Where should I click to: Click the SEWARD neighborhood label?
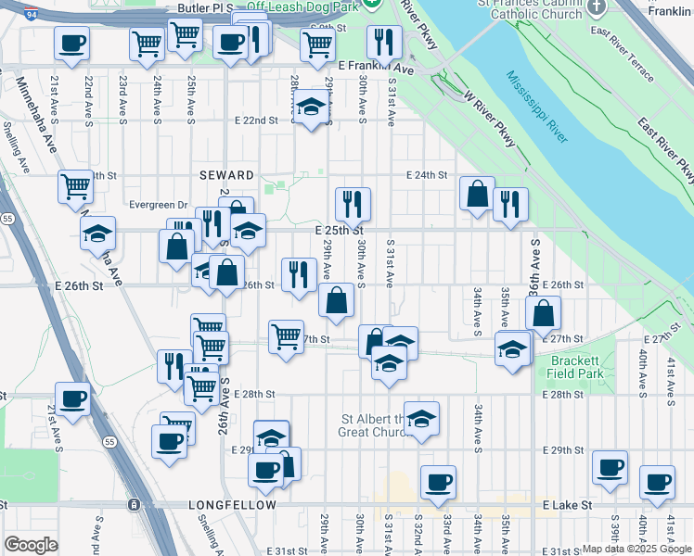coord(226,175)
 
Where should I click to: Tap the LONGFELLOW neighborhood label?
coord(232,505)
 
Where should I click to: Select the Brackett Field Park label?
coord(576,367)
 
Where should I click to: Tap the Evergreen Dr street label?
coord(160,206)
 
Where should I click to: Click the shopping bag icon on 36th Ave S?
coord(544,313)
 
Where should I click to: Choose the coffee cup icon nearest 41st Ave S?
coord(658,482)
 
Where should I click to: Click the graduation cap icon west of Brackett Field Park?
coord(511,349)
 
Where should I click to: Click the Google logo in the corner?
coord(31,545)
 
